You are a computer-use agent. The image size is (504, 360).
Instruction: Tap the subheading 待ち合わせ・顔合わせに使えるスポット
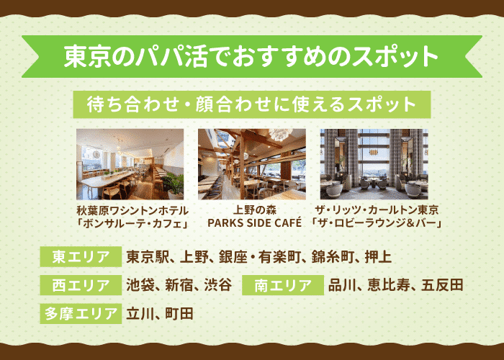pos(251,104)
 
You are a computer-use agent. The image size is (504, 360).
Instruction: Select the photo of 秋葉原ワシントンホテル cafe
pos(130,164)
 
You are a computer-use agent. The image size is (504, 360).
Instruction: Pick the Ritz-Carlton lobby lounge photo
pos(374,164)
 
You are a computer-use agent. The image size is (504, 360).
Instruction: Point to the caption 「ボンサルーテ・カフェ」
pos(132,223)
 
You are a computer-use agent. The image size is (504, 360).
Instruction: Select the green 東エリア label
pos(80,257)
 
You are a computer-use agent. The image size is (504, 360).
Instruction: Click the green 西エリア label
pos(80,285)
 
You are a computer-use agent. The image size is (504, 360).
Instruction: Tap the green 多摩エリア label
pos(80,313)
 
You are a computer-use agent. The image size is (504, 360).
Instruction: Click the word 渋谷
pos(216,285)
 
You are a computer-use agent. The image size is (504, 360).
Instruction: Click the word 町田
pos(179,313)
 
